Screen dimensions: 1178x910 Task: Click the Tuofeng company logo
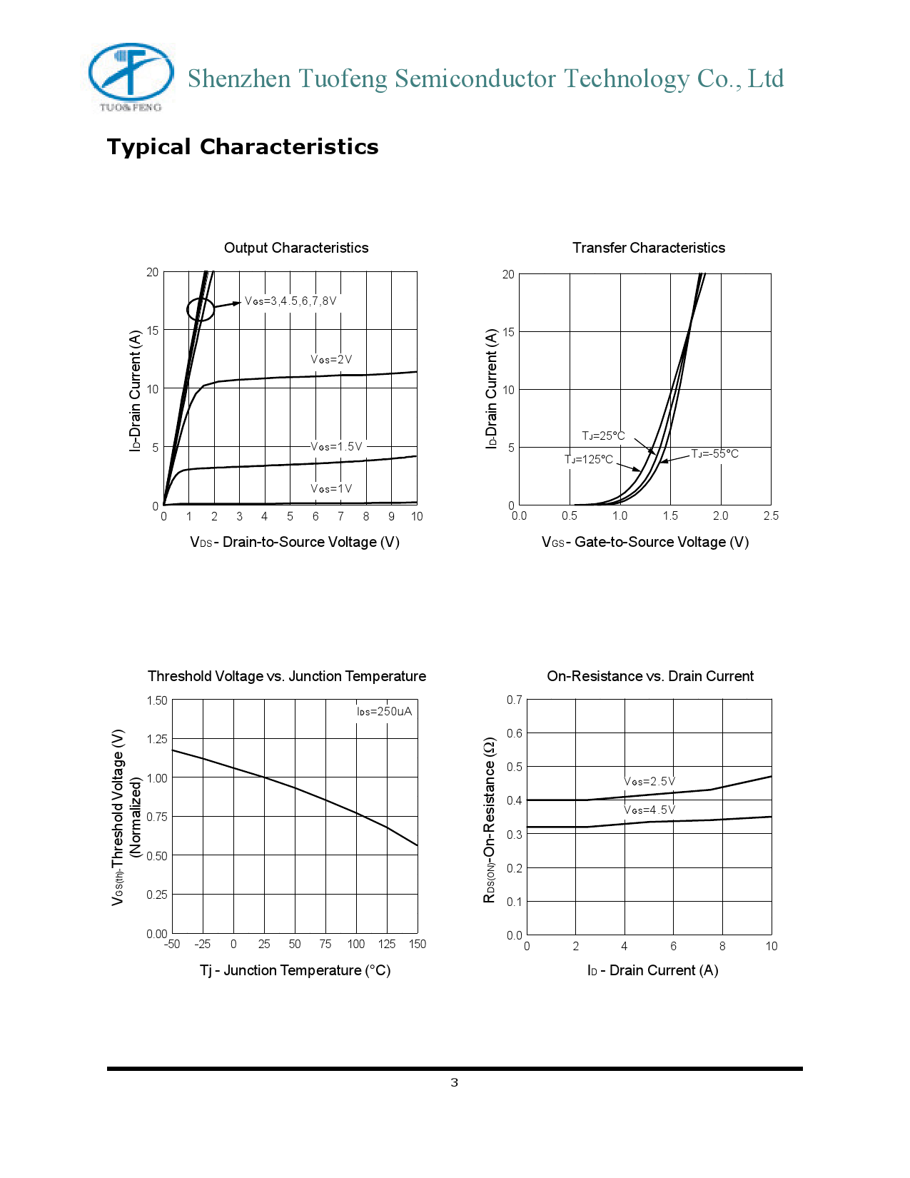(131, 76)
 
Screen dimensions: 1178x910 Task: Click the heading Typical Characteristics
(243, 147)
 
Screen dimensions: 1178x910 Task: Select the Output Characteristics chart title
(296, 248)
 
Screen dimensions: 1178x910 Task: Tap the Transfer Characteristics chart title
(648, 248)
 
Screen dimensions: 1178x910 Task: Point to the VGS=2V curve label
(331, 359)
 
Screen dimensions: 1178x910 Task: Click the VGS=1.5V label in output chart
(336, 446)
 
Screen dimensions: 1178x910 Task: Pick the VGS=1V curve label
(331, 488)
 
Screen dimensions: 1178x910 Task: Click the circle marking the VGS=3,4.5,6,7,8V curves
(201, 309)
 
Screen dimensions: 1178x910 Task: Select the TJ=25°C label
(603, 436)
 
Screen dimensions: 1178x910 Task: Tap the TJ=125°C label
(589, 459)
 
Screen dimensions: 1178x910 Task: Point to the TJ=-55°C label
(714, 453)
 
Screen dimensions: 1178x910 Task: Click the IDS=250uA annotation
(384, 711)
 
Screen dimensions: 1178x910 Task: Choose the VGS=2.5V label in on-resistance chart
(649, 781)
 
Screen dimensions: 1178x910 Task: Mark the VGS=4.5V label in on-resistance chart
(649, 810)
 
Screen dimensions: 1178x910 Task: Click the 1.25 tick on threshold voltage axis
(157, 739)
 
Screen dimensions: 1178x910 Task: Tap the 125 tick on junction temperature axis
(387, 944)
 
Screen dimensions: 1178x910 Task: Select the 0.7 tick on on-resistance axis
(514, 700)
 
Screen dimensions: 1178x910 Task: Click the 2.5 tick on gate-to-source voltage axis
(771, 515)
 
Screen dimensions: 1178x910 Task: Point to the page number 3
(455, 1083)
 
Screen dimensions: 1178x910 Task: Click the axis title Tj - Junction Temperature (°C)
(295, 970)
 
